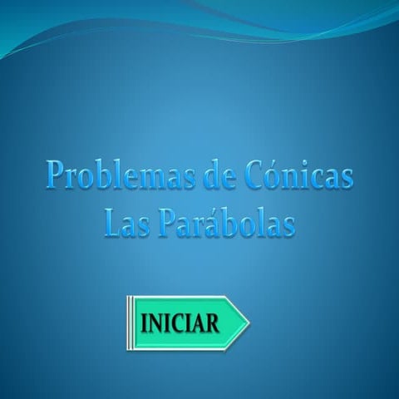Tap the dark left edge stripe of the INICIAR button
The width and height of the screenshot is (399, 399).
click(x=130, y=322)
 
